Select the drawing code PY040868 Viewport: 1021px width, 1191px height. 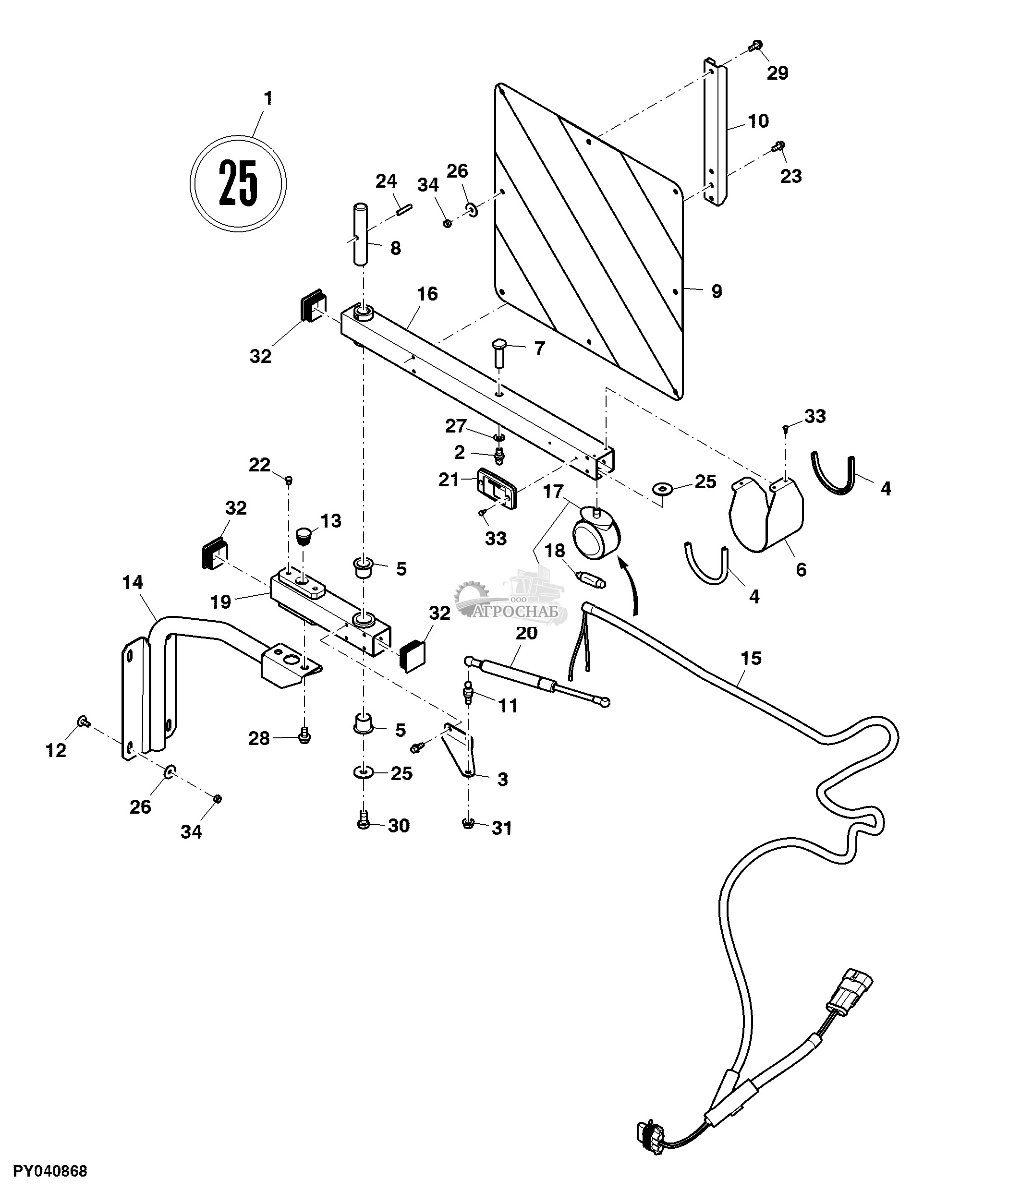[x=50, y=1171]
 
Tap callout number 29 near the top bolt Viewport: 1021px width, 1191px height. [x=777, y=73]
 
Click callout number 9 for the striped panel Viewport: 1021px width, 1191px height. [x=717, y=291]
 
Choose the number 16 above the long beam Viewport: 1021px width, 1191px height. [x=427, y=294]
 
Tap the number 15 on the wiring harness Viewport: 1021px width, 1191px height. [x=751, y=658]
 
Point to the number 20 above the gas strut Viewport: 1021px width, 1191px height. [x=526, y=633]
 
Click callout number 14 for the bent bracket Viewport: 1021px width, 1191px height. [x=132, y=582]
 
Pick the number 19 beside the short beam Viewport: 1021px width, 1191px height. [x=220, y=602]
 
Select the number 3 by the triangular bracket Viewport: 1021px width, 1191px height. [x=502, y=780]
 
